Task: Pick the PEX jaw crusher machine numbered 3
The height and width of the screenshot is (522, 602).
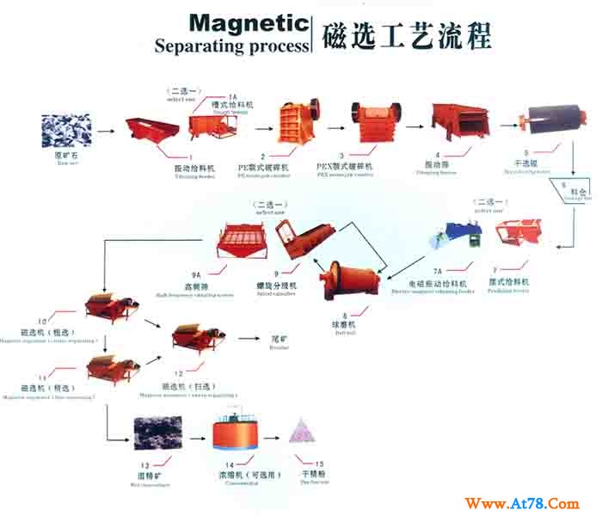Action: point(376,122)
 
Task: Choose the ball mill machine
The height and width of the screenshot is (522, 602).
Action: point(347,276)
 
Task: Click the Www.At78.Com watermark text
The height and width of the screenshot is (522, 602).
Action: point(522,502)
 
